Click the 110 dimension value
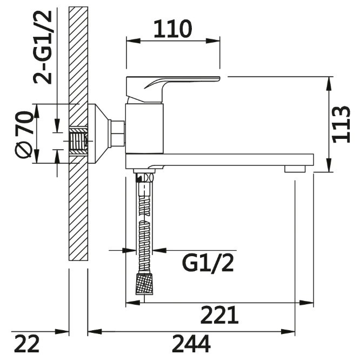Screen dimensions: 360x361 pyautogui.click(x=173, y=29)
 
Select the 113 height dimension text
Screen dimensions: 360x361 pyautogui.click(x=341, y=124)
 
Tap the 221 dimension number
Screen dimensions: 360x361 pyautogui.click(x=219, y=315)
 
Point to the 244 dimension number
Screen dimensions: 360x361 pyautogui.click(x=191, y=344)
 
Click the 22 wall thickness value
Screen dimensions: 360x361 pyautogui.click(x=27, y=344)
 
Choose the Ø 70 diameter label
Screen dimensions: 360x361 pyautogui.click(x=24, y=135)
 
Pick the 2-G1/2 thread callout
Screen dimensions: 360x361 pyautogui.click(x=42, y=48)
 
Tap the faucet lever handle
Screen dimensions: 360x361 pyautogui.click(x=173, y=89)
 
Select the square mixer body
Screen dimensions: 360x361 pyautogui.click(x=144, y=129)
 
